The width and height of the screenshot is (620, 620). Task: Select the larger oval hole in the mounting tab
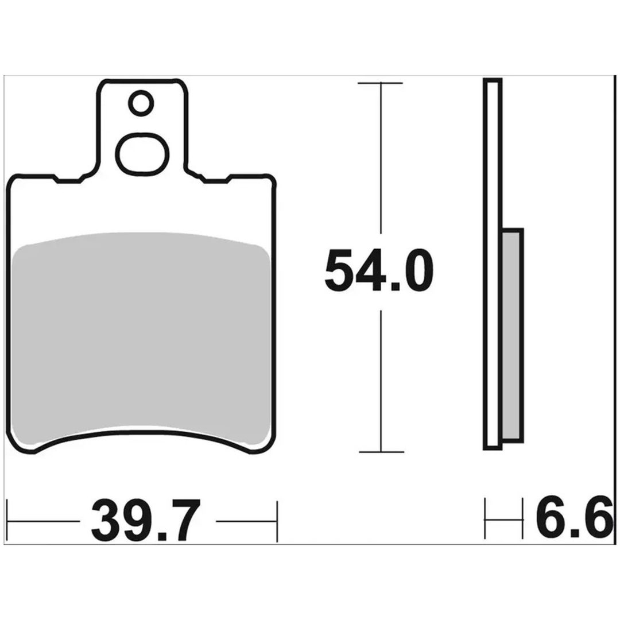[x=142, y=154]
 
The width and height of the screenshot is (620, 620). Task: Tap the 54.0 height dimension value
[x=379, y=271]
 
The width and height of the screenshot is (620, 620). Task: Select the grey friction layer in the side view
[x=513, y=335]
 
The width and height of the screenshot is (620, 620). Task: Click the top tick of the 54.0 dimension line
[x=380, y=83]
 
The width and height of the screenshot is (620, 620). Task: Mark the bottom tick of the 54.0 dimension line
[x=381, y=452]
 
